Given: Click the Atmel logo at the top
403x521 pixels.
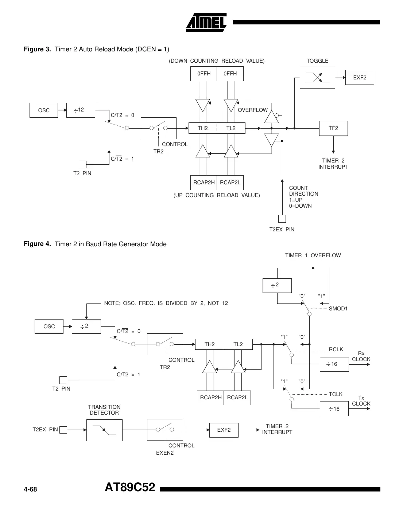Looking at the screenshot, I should [206, 22].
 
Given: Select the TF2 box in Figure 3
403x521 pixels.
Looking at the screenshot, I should [333, 128].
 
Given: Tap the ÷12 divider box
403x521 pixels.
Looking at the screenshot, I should [81, 110].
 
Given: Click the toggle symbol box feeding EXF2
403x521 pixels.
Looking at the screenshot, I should [317, 78].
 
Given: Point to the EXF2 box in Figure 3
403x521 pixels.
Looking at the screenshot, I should [360, 77].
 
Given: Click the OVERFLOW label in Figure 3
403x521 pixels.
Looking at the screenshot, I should [253, 110].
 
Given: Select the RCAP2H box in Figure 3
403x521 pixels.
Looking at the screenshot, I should [204, 183].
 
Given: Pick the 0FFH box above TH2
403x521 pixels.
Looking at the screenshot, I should [204, 74].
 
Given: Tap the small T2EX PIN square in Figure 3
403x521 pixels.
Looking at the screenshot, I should [282, 219].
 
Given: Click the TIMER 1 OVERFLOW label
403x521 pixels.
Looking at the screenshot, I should [313, 255].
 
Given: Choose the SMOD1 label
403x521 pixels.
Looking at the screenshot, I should [338, 309].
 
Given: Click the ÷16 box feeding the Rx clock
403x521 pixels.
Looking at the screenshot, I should [334, 364].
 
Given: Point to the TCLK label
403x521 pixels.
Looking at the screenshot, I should [336, 394].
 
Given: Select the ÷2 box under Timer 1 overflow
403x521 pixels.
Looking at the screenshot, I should [277, 285].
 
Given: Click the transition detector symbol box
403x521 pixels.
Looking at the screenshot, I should [104, 430].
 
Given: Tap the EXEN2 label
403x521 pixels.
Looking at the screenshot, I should [165, 453].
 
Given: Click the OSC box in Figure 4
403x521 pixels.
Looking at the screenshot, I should [49, 326].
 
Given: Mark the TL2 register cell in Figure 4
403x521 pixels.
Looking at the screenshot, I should [238, 344].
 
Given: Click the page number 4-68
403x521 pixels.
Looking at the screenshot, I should [30, 489].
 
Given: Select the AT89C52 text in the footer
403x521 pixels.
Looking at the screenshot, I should [130, 487].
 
